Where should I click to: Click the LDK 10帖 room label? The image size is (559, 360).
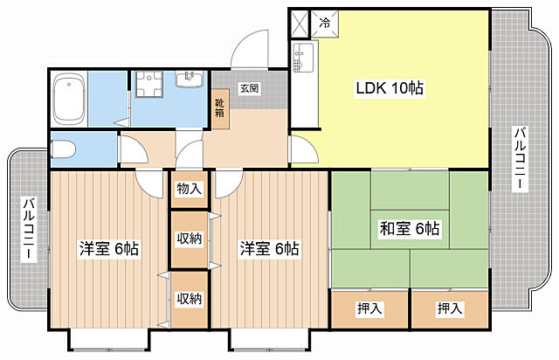coord(390,88)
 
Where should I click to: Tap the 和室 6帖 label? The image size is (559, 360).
coord(410,229)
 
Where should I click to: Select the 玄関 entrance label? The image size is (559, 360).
coord(249,88)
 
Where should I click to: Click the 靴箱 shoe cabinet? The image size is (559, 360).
coord(220,108)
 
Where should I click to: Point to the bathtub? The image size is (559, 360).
coord(69,99)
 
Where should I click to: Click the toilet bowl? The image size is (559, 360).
coord(63,149)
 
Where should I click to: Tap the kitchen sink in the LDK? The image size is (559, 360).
coord(303,58)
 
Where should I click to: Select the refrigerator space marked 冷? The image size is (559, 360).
coord(325,24)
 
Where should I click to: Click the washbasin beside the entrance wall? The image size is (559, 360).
coord(190,79)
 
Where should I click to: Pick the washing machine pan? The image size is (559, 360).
coord(149,84)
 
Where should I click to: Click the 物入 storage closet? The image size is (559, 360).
coord(190,189)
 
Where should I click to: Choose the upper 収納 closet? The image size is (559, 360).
coord(190,239)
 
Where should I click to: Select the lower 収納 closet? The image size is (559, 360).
coord(190,300)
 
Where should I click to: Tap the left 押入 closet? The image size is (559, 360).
coord(369,309)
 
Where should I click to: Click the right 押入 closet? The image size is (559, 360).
coord(450,309)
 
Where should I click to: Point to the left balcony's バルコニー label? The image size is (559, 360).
coord(29,229)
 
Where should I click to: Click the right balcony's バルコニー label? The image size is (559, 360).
coord(521,159)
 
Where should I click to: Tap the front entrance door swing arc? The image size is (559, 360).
coord(250,48)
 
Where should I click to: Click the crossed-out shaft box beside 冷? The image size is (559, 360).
coord(299,24)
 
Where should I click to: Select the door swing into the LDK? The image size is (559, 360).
coord(304,149)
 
